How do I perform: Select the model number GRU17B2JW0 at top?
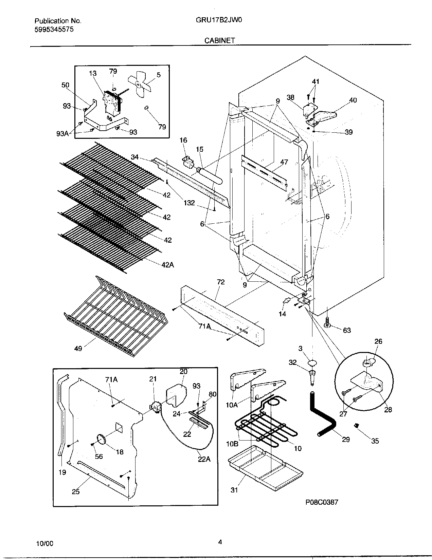(219, 20)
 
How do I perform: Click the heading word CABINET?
(219, 40)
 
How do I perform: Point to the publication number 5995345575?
(54, 29)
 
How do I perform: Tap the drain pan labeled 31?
(265, 465)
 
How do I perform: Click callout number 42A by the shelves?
(167, 265)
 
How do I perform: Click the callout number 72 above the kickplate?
(220, 282)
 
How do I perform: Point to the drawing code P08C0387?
(321, 503)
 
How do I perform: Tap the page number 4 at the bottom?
(220, 542)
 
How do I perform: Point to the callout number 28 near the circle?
(388, 410)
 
